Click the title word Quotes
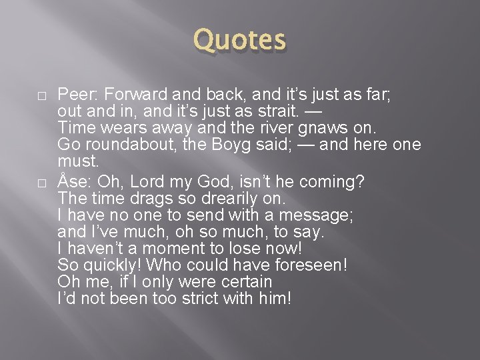pyautogui.click(x=239, y=39)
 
